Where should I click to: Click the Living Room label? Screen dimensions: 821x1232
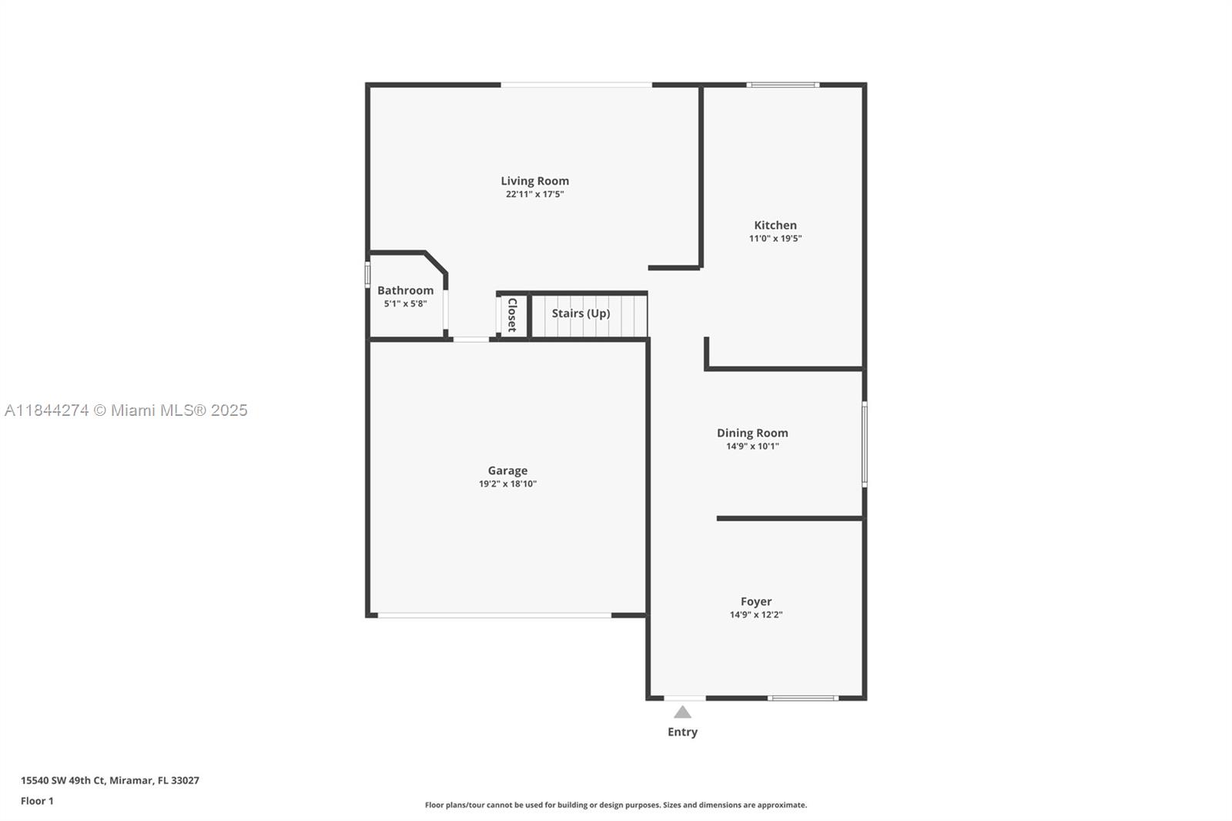click(534, 181)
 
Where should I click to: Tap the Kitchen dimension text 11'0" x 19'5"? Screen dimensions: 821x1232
click(775, 239)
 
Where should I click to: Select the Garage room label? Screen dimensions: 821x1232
click(507, 471)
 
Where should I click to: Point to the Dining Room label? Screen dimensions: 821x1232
click(752, 433)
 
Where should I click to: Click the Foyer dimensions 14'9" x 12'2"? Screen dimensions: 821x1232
click(755, 615)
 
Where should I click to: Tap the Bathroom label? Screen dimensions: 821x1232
click(405, 290)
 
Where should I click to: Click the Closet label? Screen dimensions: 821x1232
click(512, 314)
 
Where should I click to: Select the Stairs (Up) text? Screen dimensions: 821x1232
click(581, 313)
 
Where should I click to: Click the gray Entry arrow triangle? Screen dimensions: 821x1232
click(682, 712)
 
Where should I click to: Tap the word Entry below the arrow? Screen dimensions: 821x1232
click(682, 732)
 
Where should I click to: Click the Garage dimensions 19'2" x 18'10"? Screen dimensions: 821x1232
click(507, 484)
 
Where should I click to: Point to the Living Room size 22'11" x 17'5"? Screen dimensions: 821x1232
click(534, 194)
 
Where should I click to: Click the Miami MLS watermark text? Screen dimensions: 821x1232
click(126, 410)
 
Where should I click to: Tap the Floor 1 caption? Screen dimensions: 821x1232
click(37, 801)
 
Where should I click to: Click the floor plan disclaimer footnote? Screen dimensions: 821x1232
click(616, 805)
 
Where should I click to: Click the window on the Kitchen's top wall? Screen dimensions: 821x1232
click(783, 85)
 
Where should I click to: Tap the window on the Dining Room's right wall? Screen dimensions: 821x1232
click(864, 444)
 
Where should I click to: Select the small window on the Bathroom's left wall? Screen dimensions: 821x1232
click(367, 275)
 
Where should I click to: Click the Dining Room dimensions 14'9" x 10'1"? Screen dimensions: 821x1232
click(752, 446)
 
